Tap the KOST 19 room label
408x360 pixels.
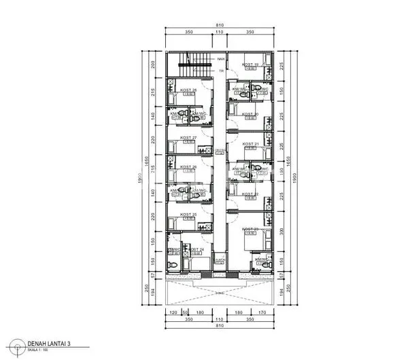point(250,63)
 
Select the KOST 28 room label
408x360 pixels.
point(188,91)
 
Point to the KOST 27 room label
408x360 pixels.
point(188,138)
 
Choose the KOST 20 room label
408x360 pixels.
point(250,114)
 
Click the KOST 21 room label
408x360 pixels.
point(250,144)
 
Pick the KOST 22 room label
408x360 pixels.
point(250,194)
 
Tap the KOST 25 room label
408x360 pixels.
point(188,215)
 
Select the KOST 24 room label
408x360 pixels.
point(196,249)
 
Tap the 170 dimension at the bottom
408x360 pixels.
point(262,313)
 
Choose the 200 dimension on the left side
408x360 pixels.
point(154,65)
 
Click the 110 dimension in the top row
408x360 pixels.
point(220,32)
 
